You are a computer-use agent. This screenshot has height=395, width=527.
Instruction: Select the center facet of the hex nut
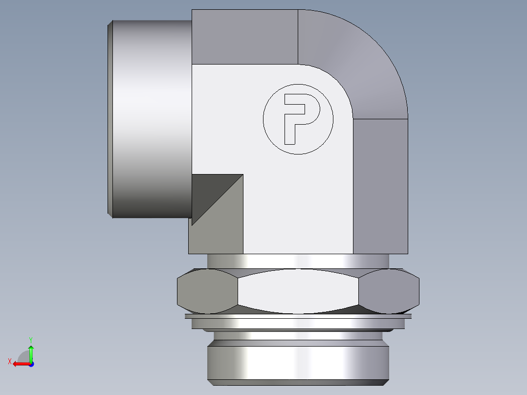[x=298, y=291]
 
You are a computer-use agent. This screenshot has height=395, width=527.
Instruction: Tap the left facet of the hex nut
[x=207, y=291]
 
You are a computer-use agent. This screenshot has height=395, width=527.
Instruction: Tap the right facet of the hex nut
[x=389, y=291]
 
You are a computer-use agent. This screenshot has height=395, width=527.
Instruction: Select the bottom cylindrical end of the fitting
[x=298, y=362]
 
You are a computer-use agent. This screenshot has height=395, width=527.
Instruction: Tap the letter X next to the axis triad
[x=10, y=361]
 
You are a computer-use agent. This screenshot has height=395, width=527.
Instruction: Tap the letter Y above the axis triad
[x=30, y=339]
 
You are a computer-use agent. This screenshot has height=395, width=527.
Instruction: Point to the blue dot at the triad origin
[x=31, y=364]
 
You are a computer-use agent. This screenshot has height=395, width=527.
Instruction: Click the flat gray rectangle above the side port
[x=244, y=37]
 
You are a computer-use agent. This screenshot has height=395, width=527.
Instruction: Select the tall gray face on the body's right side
[x=380, y=186]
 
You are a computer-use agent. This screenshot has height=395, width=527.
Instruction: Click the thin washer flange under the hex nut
[x=298, y=316]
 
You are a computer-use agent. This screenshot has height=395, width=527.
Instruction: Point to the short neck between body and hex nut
[x=298, y=261]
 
